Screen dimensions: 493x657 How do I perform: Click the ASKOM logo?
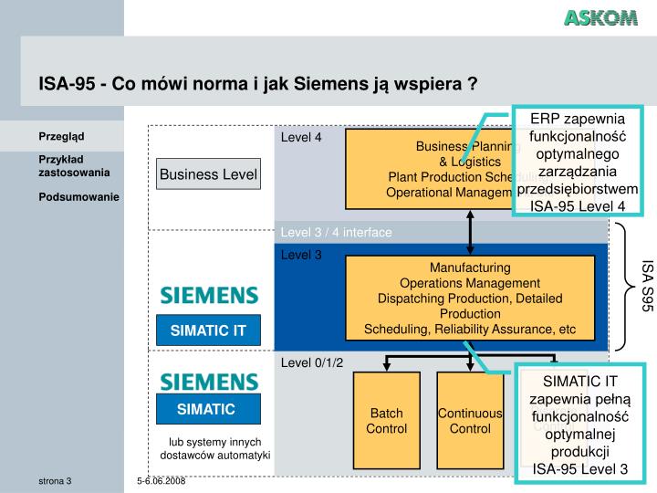click(600, 18)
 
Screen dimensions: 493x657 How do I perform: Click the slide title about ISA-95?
click(258, 85)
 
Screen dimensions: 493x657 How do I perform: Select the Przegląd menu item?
click(61, 137)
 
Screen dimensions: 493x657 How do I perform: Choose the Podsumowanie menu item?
click(78, 196)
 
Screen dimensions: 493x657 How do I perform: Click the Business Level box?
click(209, 173)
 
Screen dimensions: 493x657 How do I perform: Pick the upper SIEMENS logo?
click(209, 295)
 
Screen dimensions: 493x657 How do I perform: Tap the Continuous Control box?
click(470, 421)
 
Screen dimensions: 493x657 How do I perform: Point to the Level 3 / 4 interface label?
click(336, 232)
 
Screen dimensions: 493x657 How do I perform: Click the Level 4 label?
click(301, 138)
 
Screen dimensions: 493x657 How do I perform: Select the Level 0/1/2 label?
click(312, 362)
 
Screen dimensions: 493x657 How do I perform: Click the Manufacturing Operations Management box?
click(470, 298)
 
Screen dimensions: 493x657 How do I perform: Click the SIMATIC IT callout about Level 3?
click(580, 425)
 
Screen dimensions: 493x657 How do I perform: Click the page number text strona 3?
click(55, 480)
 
